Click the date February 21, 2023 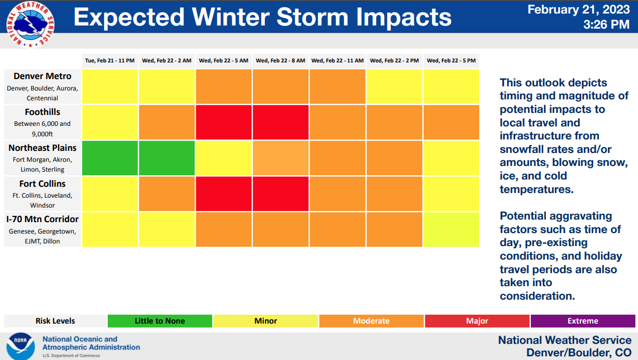click(x=578, y=10)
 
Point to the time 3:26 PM click(x=606, y=24)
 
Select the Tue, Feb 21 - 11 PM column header click(x=110, y=61)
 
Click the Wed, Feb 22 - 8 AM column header click(x=280, y=61)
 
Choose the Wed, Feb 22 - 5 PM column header click(x=451, y=61)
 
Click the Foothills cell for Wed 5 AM click(x=224, y=122)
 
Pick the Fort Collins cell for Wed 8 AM click(x=280, y=194)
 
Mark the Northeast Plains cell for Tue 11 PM click(x=110, y=158)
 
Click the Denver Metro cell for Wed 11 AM click(x=337, y=86)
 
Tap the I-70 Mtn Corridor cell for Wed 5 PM click(x=451, y=229)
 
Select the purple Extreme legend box click(x=583, y=321)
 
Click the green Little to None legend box click(x=160, y=321)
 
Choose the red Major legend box click(x=477, y=321)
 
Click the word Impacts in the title click(x=404, y=17)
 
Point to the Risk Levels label click(x=55, y=321)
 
